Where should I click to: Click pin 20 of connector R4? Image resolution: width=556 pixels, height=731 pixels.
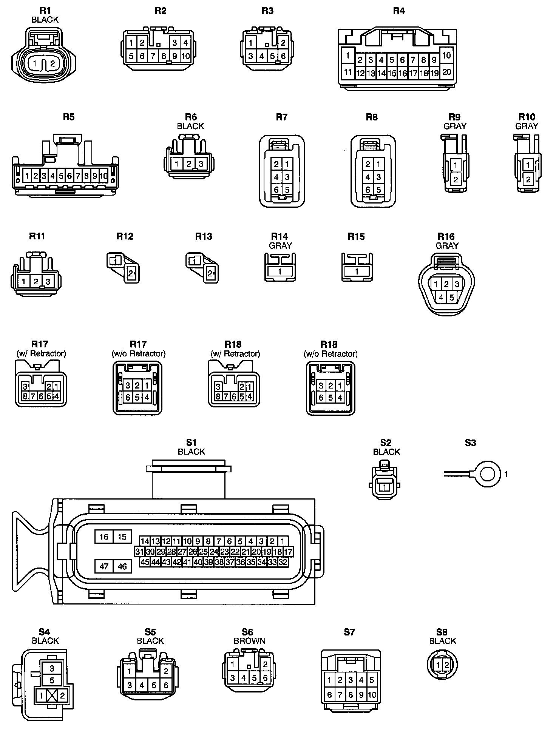446,72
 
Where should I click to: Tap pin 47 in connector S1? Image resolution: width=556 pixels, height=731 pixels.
104,566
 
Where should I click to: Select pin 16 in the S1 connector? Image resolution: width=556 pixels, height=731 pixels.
104,537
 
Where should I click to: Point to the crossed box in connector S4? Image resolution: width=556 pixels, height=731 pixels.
52,696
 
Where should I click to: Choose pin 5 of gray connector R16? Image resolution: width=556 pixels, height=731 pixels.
451,298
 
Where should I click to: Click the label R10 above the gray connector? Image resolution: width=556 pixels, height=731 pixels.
527,117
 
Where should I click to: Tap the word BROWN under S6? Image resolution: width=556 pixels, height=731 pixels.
249,641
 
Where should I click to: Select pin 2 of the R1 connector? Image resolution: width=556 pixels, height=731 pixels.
53,64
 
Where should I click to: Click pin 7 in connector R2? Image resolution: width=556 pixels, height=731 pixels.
153,56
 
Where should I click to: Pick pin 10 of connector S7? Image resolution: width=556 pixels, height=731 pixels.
372,695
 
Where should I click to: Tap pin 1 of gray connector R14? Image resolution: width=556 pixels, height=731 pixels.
280,271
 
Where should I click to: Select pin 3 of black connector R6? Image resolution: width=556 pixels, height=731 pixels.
201,164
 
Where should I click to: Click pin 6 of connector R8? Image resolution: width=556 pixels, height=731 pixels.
368,190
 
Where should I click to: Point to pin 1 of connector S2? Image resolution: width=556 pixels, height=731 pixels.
385,487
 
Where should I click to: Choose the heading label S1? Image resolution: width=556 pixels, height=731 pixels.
191,443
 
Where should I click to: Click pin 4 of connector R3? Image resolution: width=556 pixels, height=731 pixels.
262,57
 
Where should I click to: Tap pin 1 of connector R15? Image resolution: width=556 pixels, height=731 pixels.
357,271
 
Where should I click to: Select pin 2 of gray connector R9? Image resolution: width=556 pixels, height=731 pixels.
456,180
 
